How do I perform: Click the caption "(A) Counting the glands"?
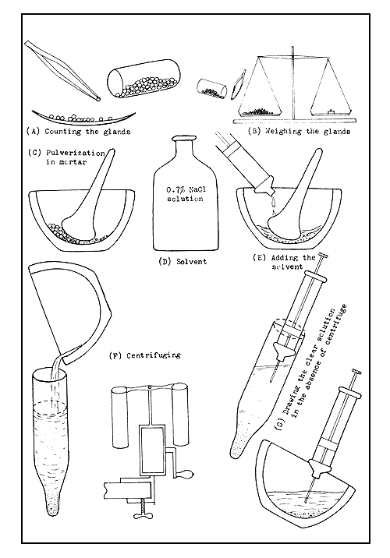(77, 131)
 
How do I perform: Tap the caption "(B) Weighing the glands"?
(300, 132)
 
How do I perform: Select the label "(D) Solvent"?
(184, 261)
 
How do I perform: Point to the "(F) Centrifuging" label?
(145, 355)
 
